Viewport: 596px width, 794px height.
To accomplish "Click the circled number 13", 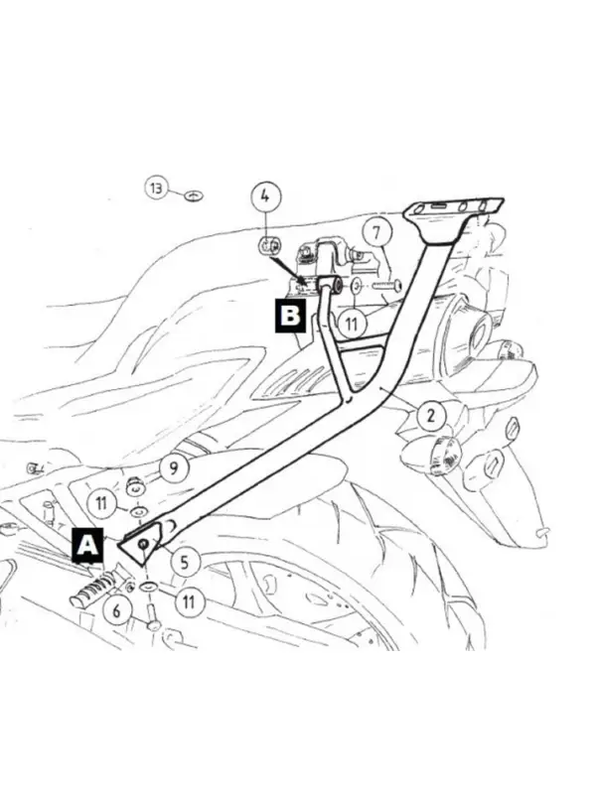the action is [x=157, y=189].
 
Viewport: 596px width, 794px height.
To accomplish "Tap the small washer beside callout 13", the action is [x=194, y=195].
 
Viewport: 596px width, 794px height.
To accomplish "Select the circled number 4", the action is [x=266, y=196].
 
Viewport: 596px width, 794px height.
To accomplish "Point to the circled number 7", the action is [x=376, y=233].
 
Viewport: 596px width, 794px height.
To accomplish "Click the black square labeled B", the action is [x=290, y=316].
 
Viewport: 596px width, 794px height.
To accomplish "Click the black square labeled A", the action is [x=87, y=545].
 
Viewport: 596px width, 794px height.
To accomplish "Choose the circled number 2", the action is [x=432, y=415].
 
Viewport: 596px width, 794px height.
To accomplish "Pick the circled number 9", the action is [x=174, y=468].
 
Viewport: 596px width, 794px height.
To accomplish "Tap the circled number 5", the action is [x=185, y=561].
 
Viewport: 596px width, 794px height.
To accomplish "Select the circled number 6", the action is [x=117, y=610].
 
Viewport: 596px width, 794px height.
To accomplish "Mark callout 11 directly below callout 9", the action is [x=101, y=503].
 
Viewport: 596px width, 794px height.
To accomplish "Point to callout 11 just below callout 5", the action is [x=189, y=601].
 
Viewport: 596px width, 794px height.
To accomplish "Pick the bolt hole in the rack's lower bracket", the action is [x=143, y=544].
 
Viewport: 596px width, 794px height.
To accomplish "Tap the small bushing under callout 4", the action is [x=268, y=246].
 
